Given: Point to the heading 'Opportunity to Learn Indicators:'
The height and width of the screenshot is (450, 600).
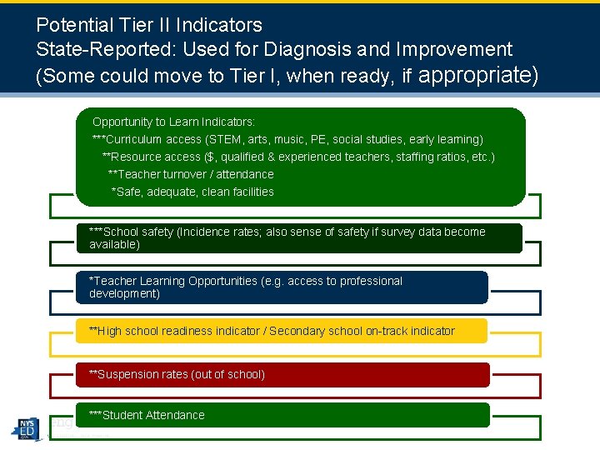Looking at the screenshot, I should point(173,122).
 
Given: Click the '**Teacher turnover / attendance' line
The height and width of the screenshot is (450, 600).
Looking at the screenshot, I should point(191,174).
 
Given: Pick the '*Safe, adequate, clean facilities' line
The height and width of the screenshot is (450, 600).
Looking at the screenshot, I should point(192,192).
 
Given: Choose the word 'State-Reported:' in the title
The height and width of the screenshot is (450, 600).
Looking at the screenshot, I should point(93,49).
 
